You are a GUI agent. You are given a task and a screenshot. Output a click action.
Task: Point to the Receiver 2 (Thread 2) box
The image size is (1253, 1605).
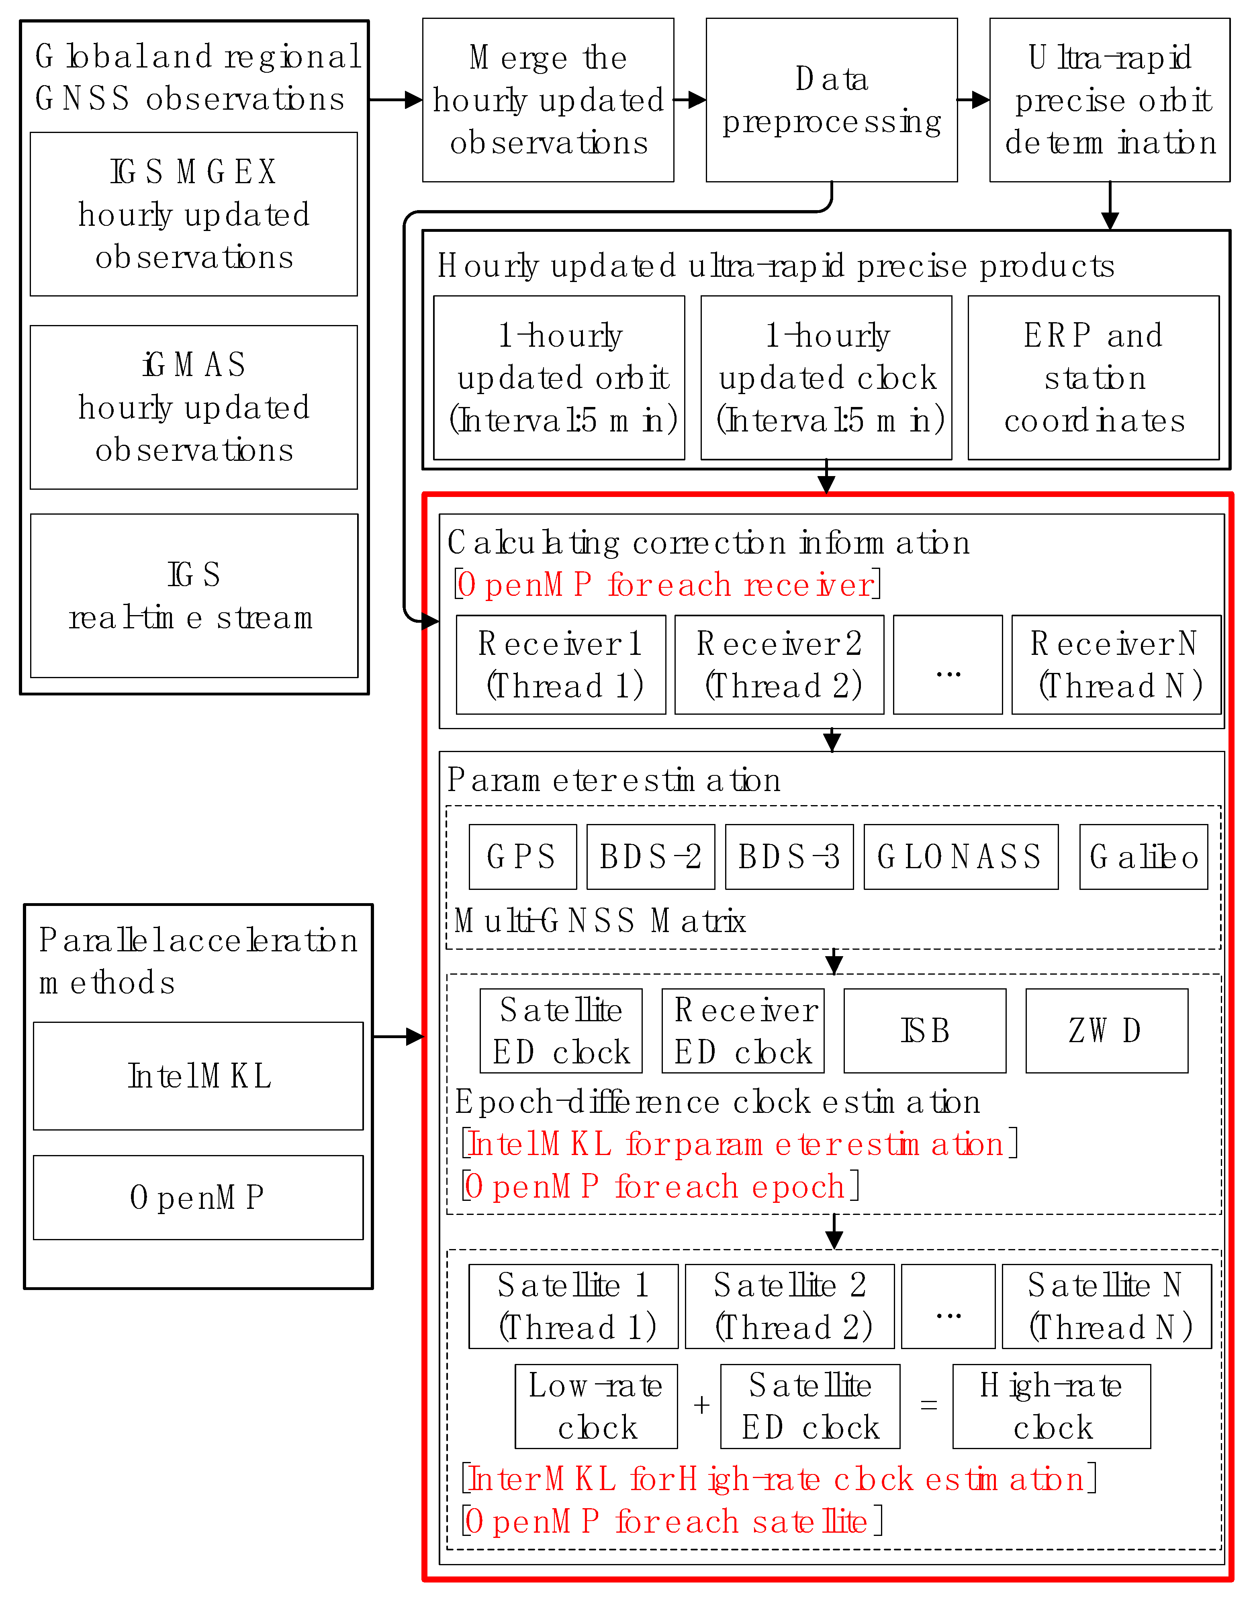tap(779, 664)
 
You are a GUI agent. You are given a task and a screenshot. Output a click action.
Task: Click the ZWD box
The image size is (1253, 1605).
tap(1106, 1030)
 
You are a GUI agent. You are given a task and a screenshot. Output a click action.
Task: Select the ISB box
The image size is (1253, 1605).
tap(924, 1030)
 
